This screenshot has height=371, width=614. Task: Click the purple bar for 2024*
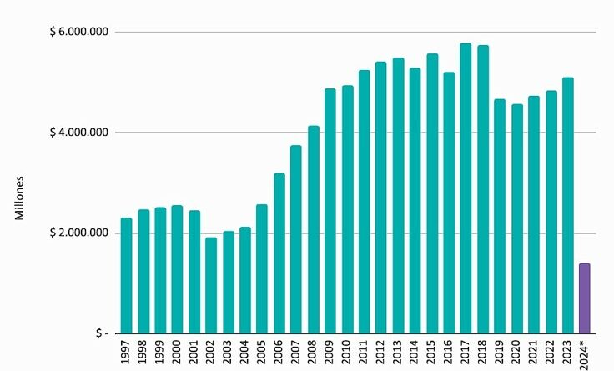585,298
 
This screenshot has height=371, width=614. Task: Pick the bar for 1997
126,276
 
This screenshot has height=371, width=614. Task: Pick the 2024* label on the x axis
585,353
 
